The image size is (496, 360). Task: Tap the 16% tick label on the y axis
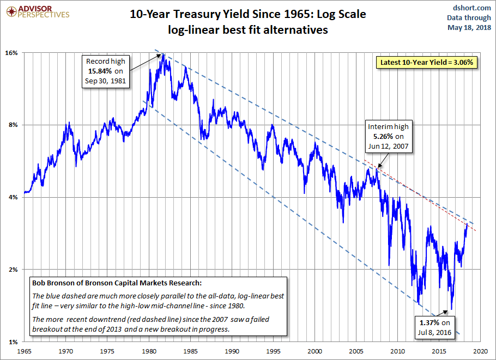[13, 53]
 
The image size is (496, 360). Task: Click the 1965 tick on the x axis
[24, 352]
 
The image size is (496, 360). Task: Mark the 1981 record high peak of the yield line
[162, 54]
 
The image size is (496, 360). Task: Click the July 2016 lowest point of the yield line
[452, 309]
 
